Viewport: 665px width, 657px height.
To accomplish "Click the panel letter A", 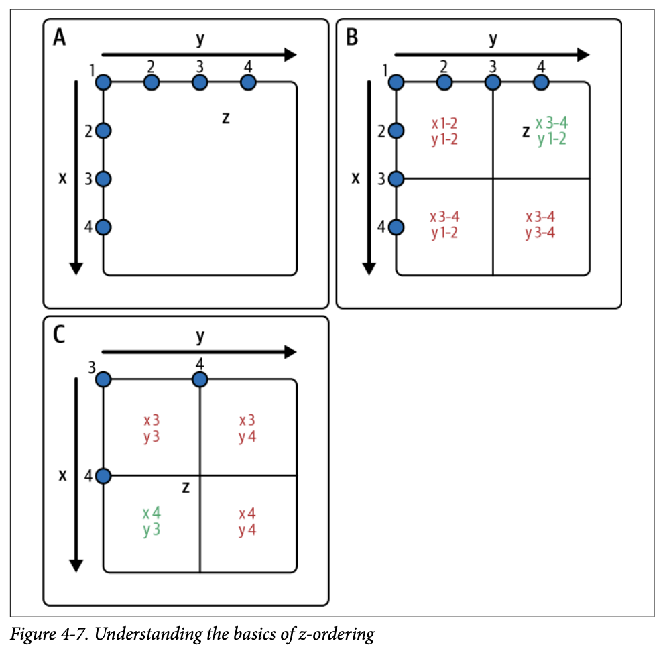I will click(59, 39).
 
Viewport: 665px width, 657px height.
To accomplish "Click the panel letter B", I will click(352, 39).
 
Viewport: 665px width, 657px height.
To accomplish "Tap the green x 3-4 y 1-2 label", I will click(551, 131).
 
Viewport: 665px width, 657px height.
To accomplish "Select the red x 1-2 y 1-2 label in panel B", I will click(445, 131).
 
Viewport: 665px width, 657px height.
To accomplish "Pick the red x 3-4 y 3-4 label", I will click(540, 225).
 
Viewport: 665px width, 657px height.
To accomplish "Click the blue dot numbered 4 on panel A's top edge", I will click(248, 82).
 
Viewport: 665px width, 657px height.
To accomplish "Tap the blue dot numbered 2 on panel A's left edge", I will click(103, 131).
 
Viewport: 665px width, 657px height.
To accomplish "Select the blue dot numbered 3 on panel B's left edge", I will click(396, 179).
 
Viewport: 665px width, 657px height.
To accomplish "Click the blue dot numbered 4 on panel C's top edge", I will click(200, 380).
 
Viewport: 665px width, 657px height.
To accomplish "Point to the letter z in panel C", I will click(186, 488).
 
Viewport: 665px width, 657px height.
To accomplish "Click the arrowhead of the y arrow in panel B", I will click(583, 54).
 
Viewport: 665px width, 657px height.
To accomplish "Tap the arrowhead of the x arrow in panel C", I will click(76, 564).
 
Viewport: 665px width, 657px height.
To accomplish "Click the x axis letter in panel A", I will click(64, 179).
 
